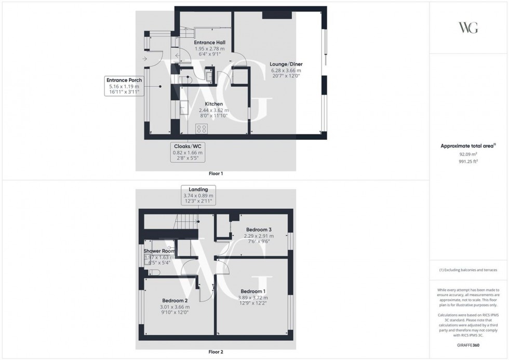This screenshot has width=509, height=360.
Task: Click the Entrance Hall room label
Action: pos(209,43)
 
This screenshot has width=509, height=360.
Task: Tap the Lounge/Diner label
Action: pos(286,64)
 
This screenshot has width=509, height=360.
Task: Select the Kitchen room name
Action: pos(213,104)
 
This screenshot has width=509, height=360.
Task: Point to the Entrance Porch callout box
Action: pos(124,86)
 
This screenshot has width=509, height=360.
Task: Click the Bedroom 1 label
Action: pos(253,291)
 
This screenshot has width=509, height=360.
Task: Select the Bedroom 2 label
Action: pos(175,300)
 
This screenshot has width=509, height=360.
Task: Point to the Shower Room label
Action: pos(159,251)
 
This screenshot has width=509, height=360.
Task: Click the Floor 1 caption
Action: pos(215,174)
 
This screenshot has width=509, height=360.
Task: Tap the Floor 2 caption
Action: pos(215,352)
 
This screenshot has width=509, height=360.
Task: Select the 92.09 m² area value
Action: pos(468,154)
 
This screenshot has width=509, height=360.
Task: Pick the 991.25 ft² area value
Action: pos(468,161)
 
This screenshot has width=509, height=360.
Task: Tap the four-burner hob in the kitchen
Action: pos(202,128)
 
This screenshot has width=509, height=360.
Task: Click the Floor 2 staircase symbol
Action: pos(185,224)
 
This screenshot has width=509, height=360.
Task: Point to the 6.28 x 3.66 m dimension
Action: pos(286,71)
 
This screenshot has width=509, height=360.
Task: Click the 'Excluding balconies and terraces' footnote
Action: pos(468,270)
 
